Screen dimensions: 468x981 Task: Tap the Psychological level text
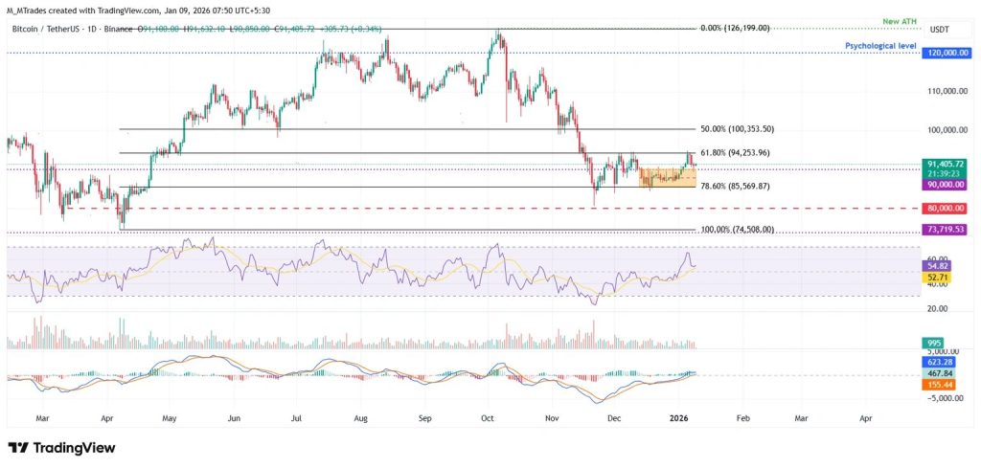point(880,45)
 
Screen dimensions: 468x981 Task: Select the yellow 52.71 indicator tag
point(935,276)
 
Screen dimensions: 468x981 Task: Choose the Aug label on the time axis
point(360,418)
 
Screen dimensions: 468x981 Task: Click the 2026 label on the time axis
point(678,418)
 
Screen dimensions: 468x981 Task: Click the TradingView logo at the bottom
point(61,447)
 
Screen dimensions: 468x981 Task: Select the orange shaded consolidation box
point(667,177)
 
